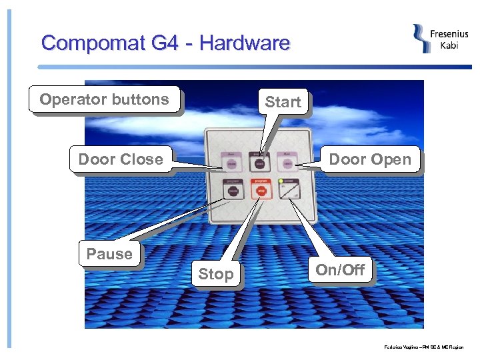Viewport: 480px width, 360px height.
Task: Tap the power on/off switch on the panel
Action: coord(288,191)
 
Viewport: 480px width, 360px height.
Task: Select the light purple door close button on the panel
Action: coord(232,163)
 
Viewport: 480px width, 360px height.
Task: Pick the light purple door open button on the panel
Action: coord(287,163)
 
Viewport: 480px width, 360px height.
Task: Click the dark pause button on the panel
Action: coord(233,191)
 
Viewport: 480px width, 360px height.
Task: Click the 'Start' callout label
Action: coord(283,102)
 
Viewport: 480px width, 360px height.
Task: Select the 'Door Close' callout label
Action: coord(120,159)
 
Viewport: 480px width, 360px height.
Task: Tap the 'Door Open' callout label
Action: coord(370,159)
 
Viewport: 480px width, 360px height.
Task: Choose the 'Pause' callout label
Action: coord(109,254)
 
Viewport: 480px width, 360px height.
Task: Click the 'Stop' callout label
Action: coord(216,274)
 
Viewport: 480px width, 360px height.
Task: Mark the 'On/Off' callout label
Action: coord(340,270)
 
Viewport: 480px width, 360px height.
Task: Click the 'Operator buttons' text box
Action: coord(104,99)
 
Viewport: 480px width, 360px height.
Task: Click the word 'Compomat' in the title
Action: coord(93,43)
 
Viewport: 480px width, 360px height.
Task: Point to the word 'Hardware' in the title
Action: coord(245,43)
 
